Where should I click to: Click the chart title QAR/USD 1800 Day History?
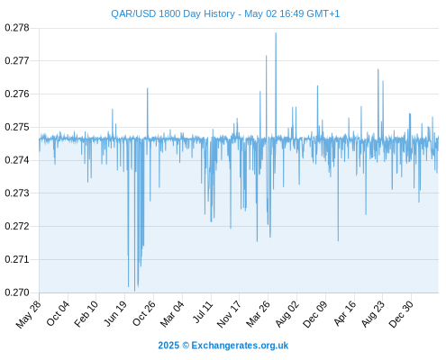click(173, 13)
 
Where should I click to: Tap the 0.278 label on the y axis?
click(17, 28)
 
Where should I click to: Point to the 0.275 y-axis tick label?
click(17, 127)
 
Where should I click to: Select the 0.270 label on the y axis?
click(17, 292)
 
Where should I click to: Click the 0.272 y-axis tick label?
click(17, 226)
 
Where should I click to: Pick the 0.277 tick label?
click(17, 61)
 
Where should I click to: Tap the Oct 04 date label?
click(58, 313)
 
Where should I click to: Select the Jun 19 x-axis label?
click(115, 313)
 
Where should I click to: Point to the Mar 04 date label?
click(172, 314)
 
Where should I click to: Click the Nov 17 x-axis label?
click(229, 314)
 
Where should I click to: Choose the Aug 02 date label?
click(287, 314)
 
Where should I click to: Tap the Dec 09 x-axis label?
click(314, 314)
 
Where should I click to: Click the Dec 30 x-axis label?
click(401, 314)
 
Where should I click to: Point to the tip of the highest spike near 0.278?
click(276, 32)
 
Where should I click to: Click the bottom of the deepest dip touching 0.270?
click(134, 291)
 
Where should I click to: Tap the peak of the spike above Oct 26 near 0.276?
click(147, 88)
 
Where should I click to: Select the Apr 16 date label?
click(345, 313)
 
